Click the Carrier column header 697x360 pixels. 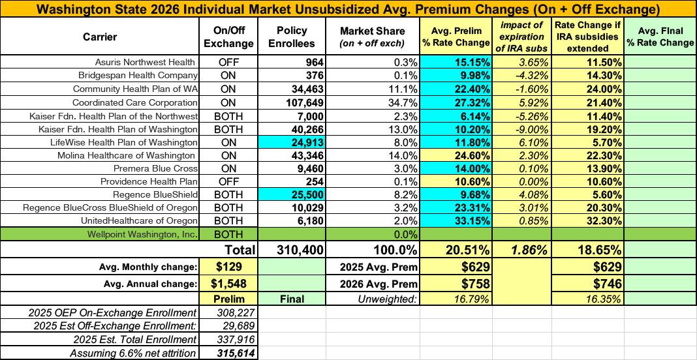[100, 37]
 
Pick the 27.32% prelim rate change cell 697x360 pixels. [467, 102]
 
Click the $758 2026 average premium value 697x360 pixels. [467, 284]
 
